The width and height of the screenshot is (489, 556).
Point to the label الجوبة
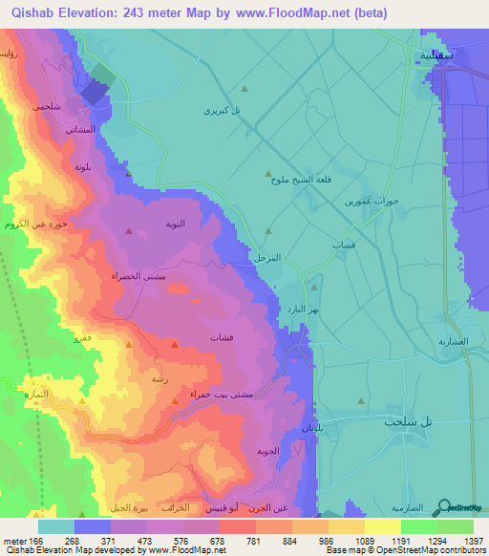click(268, 450)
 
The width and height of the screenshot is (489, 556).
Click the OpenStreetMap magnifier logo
click(444, 508)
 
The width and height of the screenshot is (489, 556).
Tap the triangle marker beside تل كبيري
click(244, 88)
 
